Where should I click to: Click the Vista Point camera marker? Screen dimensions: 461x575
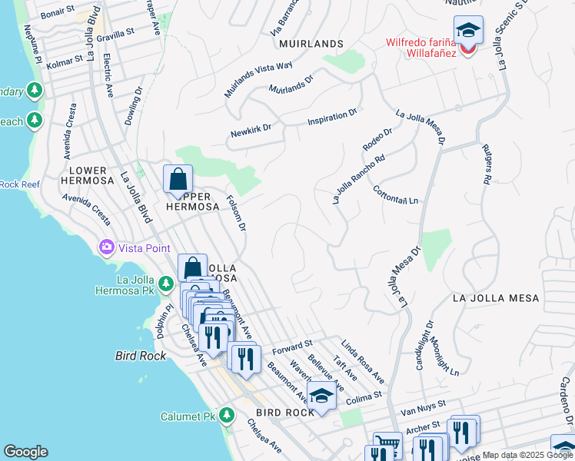click(105, 247)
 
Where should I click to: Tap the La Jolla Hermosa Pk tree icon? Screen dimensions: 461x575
click(165, 285)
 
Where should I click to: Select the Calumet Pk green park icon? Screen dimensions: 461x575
click(226, 416)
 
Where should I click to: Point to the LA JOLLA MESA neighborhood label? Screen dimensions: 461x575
click(496, 297)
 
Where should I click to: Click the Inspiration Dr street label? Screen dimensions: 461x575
click(332, 116)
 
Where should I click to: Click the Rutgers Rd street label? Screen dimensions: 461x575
click(485, 163)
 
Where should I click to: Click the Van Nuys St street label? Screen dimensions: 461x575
click(421, 409)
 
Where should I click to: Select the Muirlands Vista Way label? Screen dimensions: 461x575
click(258, 79)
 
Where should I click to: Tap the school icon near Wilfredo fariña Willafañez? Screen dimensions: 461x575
click(468, 30)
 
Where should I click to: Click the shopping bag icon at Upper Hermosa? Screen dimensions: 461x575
click(178, 180)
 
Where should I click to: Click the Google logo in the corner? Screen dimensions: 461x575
click(25, 452)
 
